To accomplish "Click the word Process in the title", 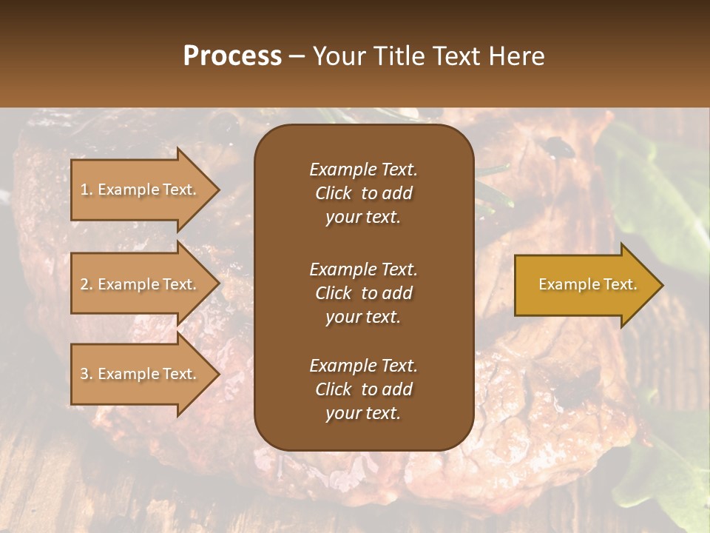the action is [232, 56].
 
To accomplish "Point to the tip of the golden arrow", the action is [660, 285].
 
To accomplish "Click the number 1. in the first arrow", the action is [87, 190].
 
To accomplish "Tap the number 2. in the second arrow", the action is [87, 284].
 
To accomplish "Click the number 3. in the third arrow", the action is [87, 374].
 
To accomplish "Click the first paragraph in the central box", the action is [363, 193].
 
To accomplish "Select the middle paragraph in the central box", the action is [363, 292].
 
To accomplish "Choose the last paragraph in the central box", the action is [363, 389].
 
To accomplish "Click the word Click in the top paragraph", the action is [333, 193].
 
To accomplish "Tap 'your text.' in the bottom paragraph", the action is [363, 414].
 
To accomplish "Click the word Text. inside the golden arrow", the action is [619, 284].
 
